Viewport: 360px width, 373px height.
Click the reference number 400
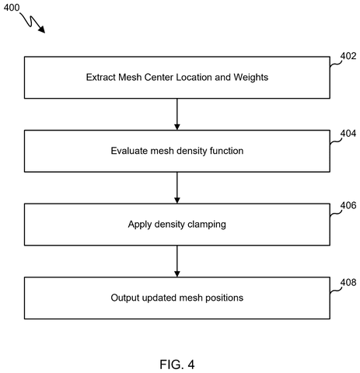point(12,8)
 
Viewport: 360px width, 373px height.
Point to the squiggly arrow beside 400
point(32,23)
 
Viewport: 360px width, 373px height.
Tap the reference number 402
point(348,56)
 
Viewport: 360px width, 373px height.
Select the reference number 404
point(348,134)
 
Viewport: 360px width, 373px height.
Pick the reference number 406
point(348,205)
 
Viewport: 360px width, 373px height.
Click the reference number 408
point(348,282)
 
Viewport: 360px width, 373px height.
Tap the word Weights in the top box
point(251,78)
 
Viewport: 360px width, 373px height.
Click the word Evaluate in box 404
point(129,151)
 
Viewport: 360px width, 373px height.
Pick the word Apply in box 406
point(140,225)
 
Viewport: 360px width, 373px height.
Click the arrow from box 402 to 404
point(177,114)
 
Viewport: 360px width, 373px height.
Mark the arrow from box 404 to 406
point(177,188)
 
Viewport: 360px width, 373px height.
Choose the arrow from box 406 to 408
point(177,261)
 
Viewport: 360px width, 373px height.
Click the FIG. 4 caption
point(177,364)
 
